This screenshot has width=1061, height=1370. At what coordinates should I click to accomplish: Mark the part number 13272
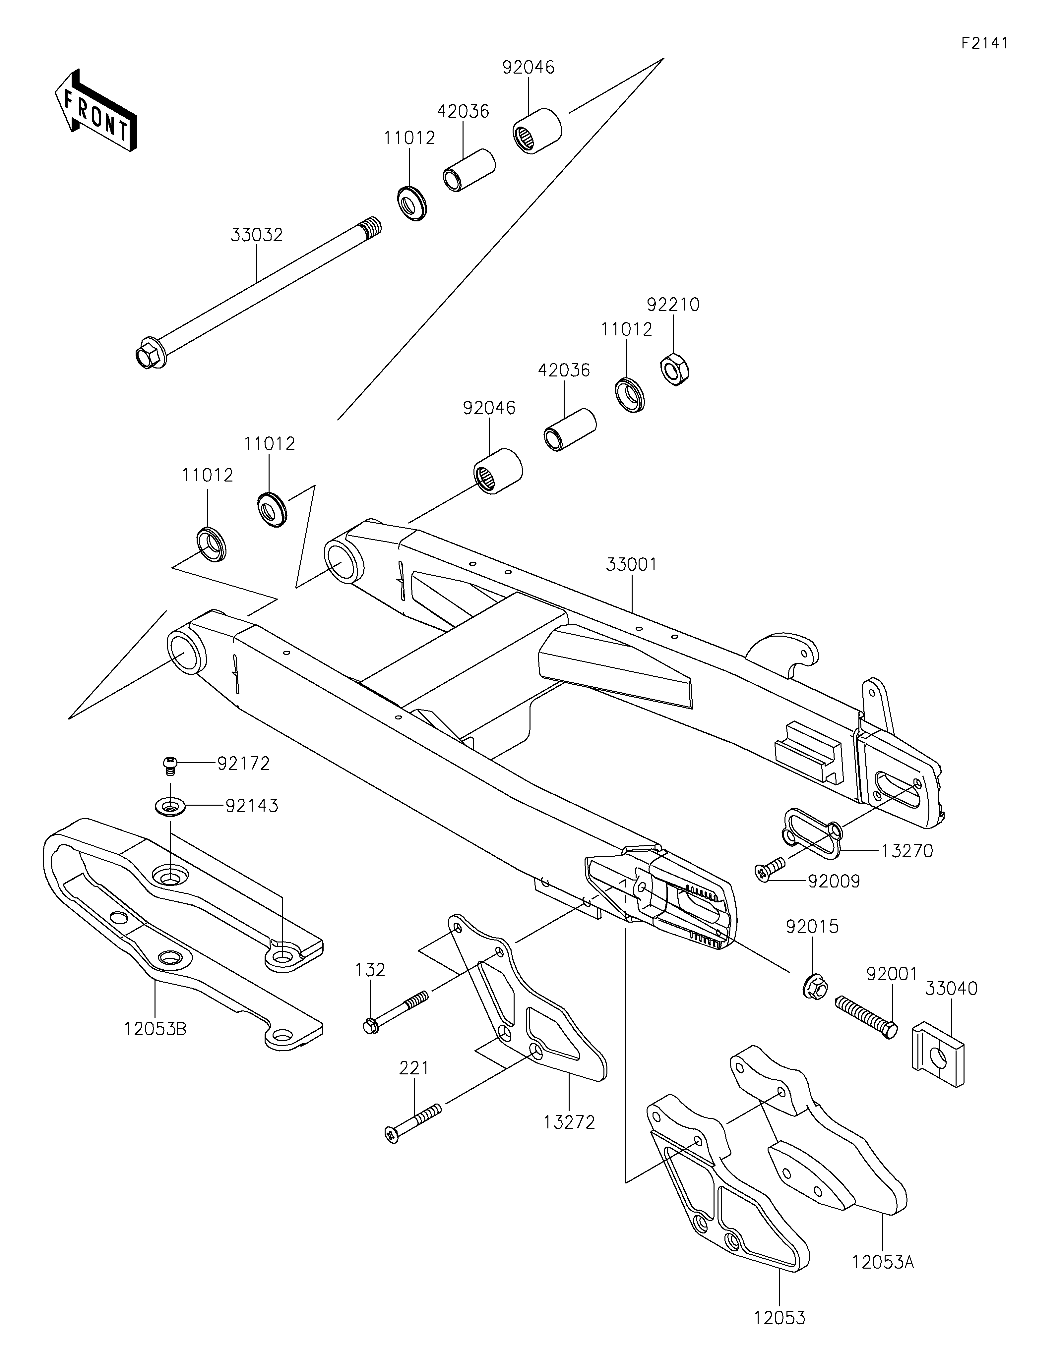coord(569,1122)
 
